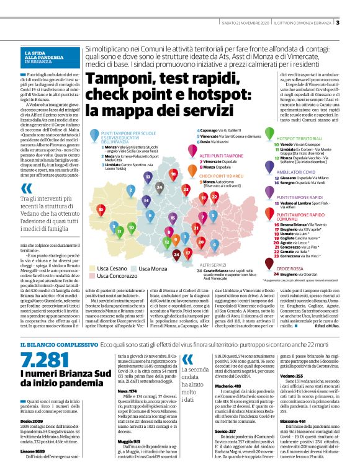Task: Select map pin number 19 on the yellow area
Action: pos(100,210)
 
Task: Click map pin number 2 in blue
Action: pos(131,190)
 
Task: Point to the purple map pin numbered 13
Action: pos(148,176)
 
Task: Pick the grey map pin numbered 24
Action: pos(160,186)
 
